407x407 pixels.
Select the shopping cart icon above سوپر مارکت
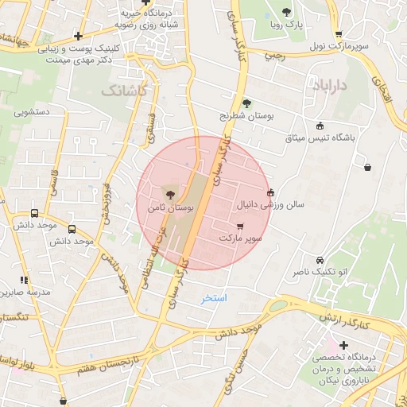(x=240, y=227)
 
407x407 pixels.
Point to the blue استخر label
(x=214, y=298)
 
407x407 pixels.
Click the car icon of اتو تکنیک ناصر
(x=320, y=260)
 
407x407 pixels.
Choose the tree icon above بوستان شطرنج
(x=246, y=103)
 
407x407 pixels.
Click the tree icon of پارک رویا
(x=286, y=11)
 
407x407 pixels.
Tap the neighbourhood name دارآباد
(x=327, y=84)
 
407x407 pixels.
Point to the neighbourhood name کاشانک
(x=124, y=91)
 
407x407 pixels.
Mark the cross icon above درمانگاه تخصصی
(x=343, y=345)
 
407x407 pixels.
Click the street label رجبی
(x=273, y=56)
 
